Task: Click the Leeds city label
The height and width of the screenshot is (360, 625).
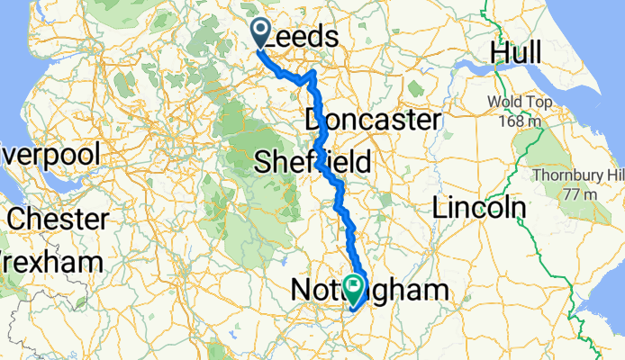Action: [x=303, y=38]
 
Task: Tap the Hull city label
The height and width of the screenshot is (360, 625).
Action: [x=515, y=54]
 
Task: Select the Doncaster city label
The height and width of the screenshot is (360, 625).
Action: [x=372, y=120]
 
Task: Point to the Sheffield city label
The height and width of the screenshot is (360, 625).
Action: [x=312, y=162]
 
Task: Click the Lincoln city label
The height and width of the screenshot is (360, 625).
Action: [x=479, y=208]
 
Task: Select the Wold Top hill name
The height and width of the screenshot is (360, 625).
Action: [x=516, y=101]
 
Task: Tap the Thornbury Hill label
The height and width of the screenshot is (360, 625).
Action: [x=577, y=175]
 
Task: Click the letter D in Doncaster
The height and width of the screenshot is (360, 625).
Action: [x=314, y=120]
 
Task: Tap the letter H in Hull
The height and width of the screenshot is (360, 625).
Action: [x=498, y=54]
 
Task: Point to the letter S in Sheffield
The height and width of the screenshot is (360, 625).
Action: [x=263, y=163]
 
